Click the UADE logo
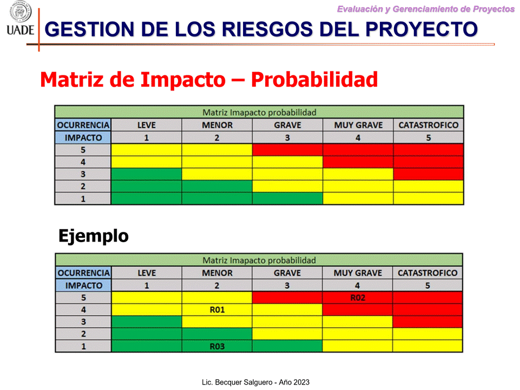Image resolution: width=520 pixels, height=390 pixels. click(20, 18)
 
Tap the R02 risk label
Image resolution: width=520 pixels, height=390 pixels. click(358, 298)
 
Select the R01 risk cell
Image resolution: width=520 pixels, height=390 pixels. click(217, 310)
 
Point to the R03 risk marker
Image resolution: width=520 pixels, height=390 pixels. click(217, 346)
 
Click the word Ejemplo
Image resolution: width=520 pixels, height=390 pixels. click(94, 236)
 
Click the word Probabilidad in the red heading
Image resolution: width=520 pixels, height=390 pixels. click(314, 80)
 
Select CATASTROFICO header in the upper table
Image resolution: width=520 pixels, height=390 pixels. click(428, 125)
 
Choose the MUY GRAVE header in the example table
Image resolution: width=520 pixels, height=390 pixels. click(358, 273)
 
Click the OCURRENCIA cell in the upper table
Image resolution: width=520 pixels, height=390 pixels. click(83, 125)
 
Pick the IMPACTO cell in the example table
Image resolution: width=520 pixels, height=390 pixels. click(83, 285)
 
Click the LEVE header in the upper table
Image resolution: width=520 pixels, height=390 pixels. click(146, 125)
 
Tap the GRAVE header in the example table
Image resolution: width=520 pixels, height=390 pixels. click(287, 273)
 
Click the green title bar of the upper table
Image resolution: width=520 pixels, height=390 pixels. click(259, 112)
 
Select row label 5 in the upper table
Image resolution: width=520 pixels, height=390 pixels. click(83, 150)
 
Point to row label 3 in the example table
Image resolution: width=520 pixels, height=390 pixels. click(83, 322)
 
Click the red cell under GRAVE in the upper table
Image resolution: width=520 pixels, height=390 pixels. click(287, 150)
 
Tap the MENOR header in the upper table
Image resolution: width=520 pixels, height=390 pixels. click(217, 125)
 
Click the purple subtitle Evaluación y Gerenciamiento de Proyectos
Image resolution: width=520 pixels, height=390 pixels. click(425, 9)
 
